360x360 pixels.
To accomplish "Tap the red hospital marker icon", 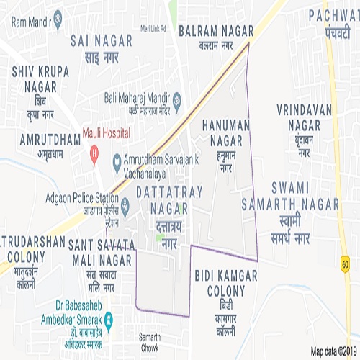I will coord(93,153).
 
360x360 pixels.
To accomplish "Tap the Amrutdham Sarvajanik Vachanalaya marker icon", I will coord(117,166).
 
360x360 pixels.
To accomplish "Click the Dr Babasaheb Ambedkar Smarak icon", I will coord(108,318).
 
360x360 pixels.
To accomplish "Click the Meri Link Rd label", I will coord(153,30).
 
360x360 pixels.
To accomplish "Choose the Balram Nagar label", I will coord(216,37).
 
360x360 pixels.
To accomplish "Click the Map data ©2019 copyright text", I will coord(333,351).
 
